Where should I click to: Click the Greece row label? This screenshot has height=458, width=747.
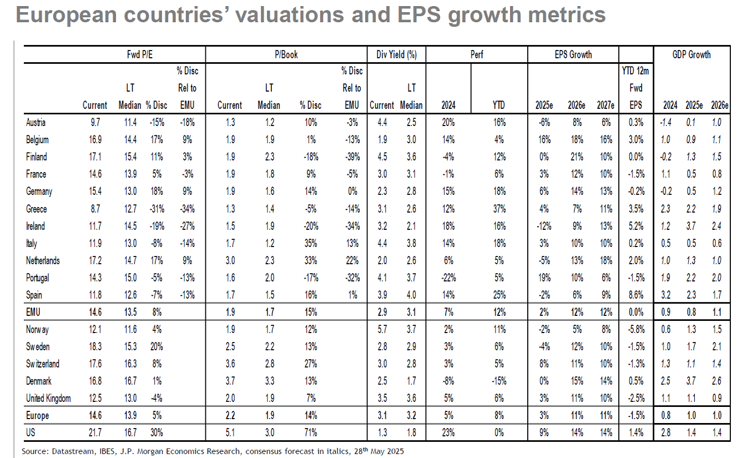click(37, 209)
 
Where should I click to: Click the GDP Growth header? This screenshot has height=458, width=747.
click(691, 55)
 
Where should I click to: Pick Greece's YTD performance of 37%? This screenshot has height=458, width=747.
click(498, 209)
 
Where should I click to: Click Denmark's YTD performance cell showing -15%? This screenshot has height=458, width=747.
click(498, 381)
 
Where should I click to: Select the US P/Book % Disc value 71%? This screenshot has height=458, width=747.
click(310, 432)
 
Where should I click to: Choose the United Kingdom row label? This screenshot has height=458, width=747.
click(48, 399)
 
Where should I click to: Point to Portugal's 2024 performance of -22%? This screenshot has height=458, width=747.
click(448, 278)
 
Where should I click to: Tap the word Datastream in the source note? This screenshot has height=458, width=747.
click(67, 451)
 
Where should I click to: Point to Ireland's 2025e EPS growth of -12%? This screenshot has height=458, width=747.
click(546, 227)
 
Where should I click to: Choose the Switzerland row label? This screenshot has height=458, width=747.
click(43, 364)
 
